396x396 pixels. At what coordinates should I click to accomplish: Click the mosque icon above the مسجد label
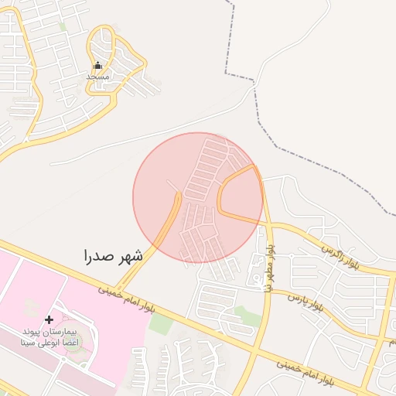97,66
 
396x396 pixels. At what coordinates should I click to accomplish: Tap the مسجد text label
97,77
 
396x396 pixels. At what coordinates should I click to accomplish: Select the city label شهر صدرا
113,256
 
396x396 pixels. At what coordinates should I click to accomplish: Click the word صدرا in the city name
99,256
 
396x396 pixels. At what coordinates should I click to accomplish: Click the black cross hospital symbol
49,319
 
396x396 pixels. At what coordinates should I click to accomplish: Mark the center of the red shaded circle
198,198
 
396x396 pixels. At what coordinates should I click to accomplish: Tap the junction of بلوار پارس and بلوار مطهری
268,293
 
